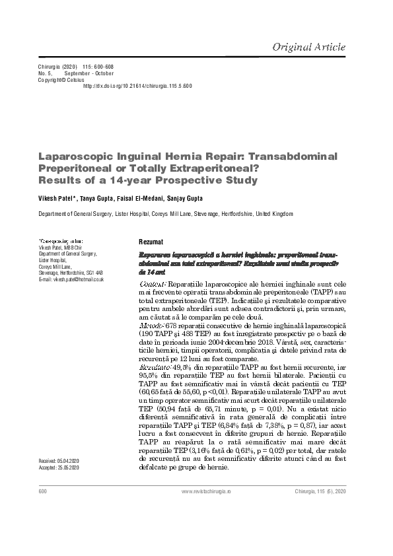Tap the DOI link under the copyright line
pos(137,86)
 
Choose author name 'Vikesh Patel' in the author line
pos(57,199)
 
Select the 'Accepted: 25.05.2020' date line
pos(59,467)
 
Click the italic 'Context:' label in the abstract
pos(154,282)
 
